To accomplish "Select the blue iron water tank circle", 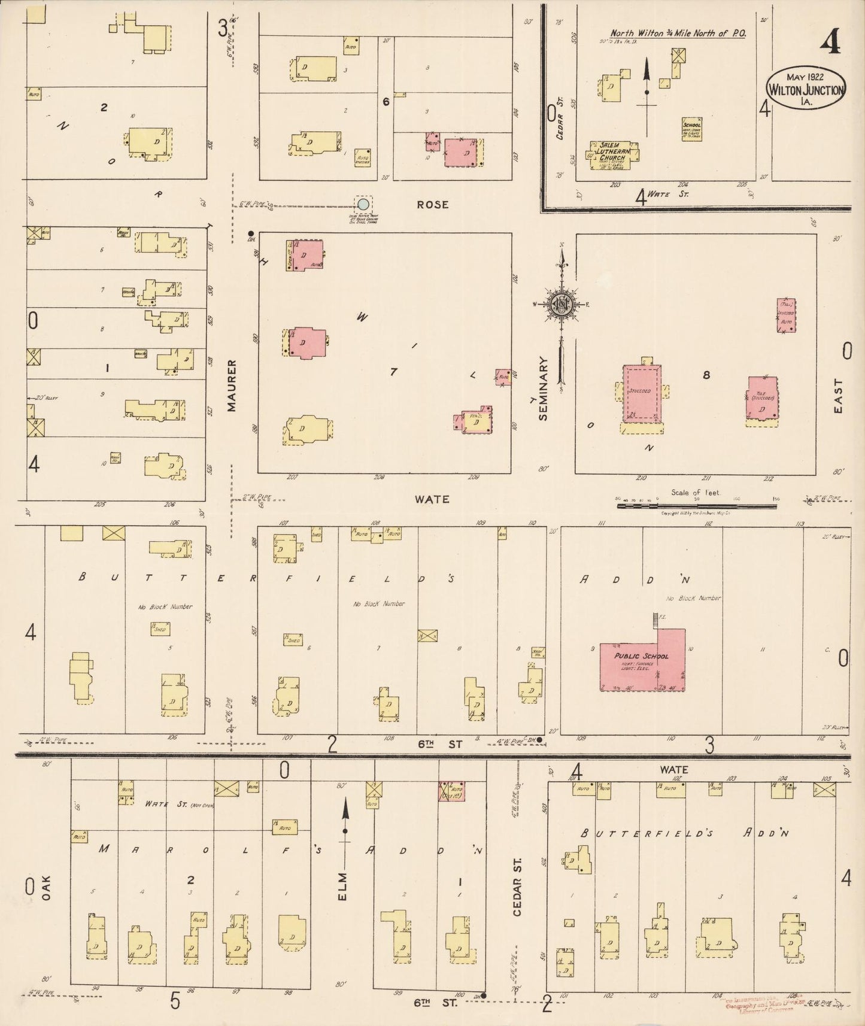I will click(x=363, y=204).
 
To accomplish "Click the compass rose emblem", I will click(x=562, y=304).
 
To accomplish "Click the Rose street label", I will click(x=433, y=205).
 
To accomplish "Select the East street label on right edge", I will click(x=837, y=396).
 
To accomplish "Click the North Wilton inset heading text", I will click(x=677, y=34).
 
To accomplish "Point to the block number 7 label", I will click(x=393, y=372).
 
